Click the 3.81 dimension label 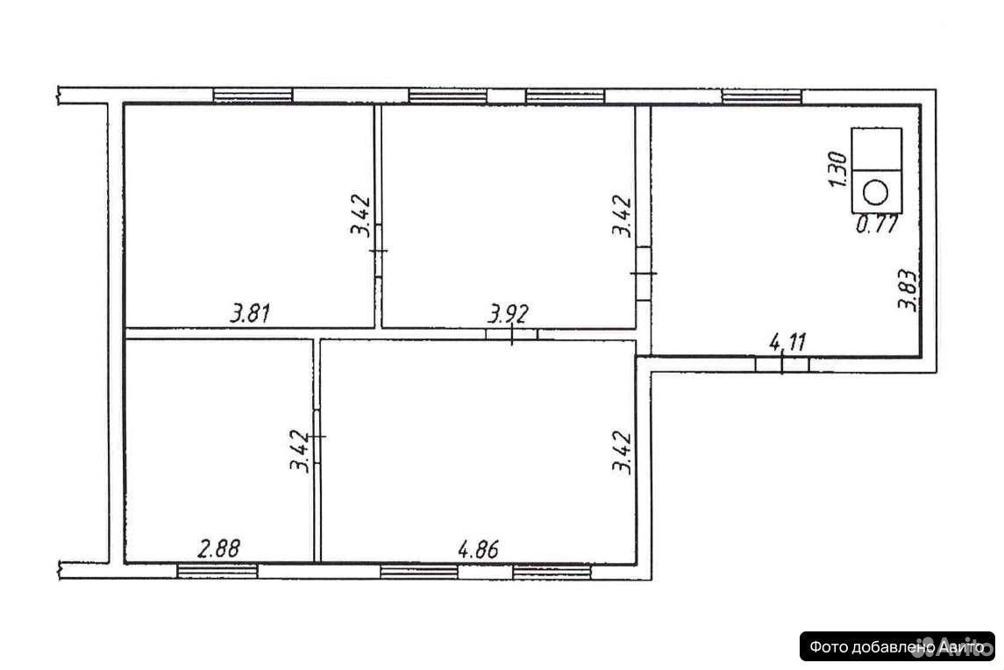(x=251, y=313)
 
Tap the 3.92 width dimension (x=509, y=314)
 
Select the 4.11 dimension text (x=787, y=342)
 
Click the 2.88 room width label (x=219, y=549)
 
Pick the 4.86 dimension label (x=478, y=549)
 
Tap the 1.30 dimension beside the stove (x=838, y=169)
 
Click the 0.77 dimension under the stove (x=877, y=225)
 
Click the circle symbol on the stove (x=875, y=192)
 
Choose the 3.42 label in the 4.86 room (x=622, y=453)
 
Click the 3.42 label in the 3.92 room (x=622, y=216)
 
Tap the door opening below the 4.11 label (x=782, y=365)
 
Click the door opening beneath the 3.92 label (x=511, y=334)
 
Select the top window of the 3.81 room (x=253, y=96)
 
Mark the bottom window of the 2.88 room (x=217, y=571)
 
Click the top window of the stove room (x=762, y=96)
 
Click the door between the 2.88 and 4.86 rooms (x=317, y=436)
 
